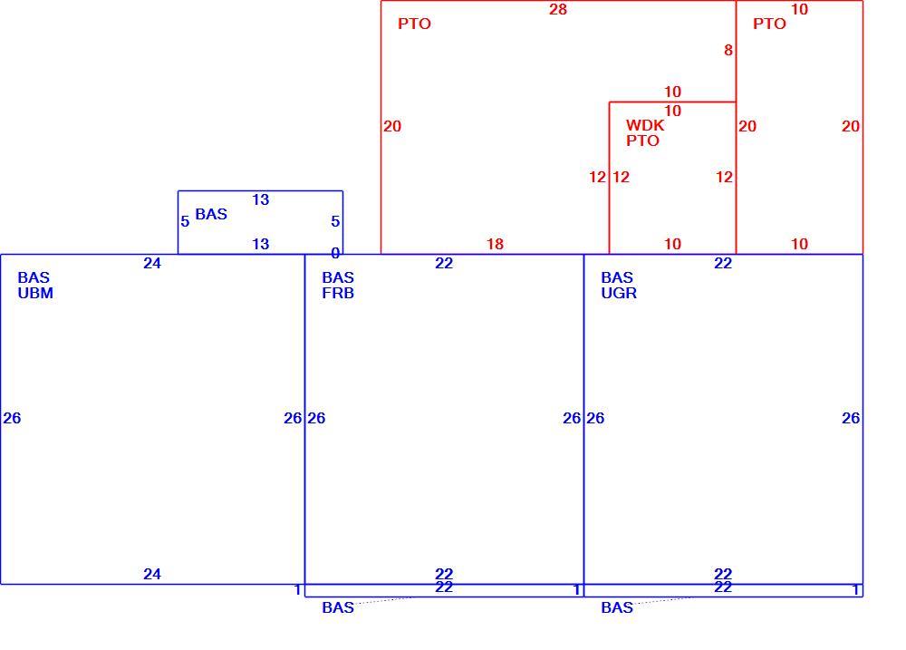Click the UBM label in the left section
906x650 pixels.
(x=35, y=293)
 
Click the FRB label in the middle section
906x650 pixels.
(x=338, y=293)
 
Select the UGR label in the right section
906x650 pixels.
(x=619, y=293)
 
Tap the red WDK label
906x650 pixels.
(x=645, y=125)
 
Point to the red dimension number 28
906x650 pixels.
(x=558, y=9)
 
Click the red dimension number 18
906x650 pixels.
(x=496, y=244)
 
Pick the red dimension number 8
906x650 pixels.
(x=728, y=50)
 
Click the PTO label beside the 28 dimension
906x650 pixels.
(x=414, y=24)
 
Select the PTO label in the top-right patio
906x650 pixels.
(x=769, y=24)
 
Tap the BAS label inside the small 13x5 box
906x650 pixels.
(x=211, y=214)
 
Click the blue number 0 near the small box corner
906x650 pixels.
(x=335, y=253)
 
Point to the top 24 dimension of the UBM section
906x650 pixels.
(x=152, y=263)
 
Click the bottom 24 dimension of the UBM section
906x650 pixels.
(x=152, y=574)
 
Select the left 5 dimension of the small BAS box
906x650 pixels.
(x=185, y=221)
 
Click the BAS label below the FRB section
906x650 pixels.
(x=338, y=607)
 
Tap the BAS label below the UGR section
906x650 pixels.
(x=617, y=607)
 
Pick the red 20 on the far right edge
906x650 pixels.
(x=851, y=126)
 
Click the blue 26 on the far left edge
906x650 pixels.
(x=12, y=418)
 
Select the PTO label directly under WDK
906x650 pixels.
(x=642, y=141)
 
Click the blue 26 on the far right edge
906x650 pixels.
(x=851, y=418)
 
